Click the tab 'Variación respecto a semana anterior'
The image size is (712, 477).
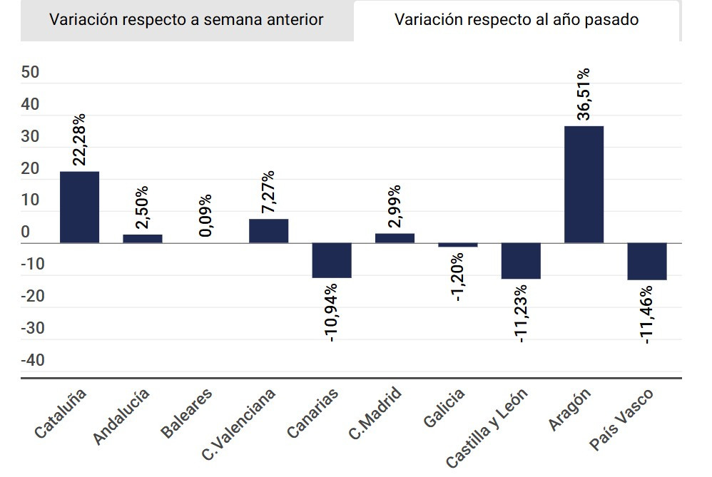click(x=186, y=20)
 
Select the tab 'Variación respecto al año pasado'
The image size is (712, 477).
click(x=517, y=20)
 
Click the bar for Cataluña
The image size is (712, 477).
click(x=79, y=207)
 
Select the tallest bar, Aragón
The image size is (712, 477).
click(x=584, y=185)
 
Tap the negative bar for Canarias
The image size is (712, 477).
click(x=332, y=260)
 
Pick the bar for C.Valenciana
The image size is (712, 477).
click(x=268, y=231)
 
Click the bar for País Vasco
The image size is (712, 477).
click(x=647, y=261)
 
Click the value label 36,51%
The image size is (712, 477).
click(x=584, y=94)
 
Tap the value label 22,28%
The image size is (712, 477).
click(x=79, y=140)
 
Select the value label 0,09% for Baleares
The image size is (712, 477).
click(x=205, y=215)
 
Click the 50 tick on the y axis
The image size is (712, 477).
click(x=31, y=73)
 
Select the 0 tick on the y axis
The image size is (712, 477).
click(x=26, y=232)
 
